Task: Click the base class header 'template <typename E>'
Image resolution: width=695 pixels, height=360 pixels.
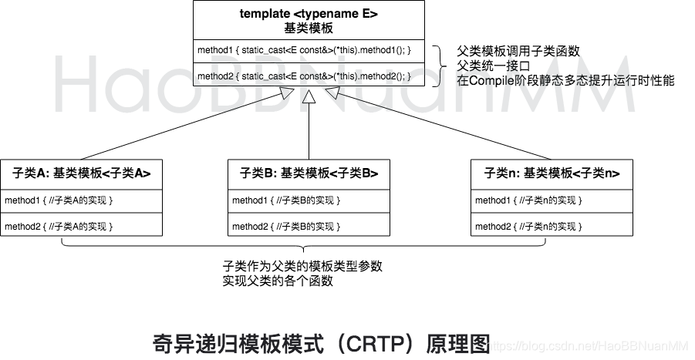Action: (309, 14)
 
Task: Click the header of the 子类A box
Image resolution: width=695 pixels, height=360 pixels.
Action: (82, 173)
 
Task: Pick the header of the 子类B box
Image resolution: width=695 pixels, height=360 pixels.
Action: (309, 173)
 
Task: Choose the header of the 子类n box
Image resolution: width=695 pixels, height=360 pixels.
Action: (552, 173)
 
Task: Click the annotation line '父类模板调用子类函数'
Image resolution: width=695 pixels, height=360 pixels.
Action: (518, 51)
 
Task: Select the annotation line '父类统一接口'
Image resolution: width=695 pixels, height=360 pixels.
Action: (494, 65)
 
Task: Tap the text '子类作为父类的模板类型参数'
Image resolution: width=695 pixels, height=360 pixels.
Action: (302, 266)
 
